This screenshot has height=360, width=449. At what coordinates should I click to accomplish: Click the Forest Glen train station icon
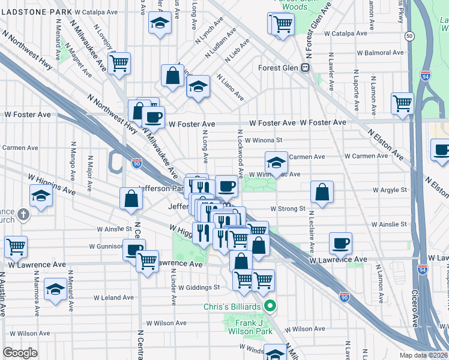(306, 68)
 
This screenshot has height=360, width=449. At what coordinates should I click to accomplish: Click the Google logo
(20, 353)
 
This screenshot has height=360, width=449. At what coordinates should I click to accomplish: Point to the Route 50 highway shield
(409, 37)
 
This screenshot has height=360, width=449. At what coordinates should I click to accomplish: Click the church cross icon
(23, 214)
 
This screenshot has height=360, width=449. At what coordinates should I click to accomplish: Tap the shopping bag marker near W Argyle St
(322, 192)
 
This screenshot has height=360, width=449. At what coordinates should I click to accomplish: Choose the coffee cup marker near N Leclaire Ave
(340, 243)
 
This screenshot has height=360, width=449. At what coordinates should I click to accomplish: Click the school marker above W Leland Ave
(56, 289)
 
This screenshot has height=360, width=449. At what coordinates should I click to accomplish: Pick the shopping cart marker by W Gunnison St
(16, 246)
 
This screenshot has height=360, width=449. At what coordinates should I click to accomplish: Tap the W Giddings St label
(199, 287)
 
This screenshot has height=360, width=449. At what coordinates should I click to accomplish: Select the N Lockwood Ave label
(240, 154)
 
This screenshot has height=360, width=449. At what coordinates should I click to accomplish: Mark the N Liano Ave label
(231, 88)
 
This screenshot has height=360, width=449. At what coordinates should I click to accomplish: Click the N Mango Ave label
(73, 157)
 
